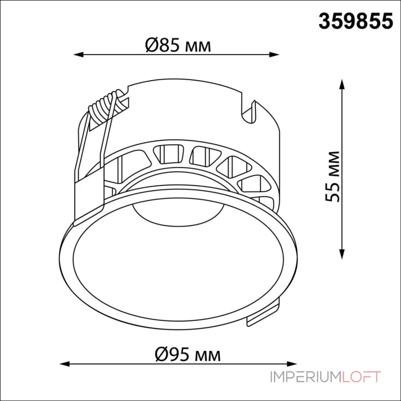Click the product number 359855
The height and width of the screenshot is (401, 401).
tap(355, 21)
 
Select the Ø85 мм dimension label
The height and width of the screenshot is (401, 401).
tap(178, 45)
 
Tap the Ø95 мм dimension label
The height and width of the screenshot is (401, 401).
tap(188, 354)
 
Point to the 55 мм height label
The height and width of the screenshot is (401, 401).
tap(333, 177)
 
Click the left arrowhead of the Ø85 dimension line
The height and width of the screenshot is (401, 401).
tap(79, 55)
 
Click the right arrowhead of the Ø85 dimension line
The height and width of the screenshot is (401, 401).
tap(274, 55)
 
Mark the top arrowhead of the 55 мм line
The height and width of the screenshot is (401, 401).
tap(342, 84)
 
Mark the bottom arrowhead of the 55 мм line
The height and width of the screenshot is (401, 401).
tap(342, 254)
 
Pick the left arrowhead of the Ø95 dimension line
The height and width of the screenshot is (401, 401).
tap(65, 364)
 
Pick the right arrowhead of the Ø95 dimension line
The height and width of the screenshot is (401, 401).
tap(292, 364)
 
